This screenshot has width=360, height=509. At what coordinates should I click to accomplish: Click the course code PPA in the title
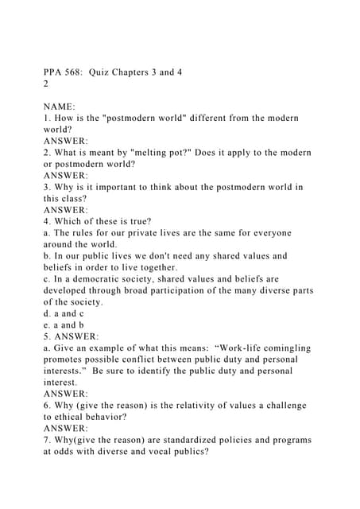(x=56, y=72)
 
